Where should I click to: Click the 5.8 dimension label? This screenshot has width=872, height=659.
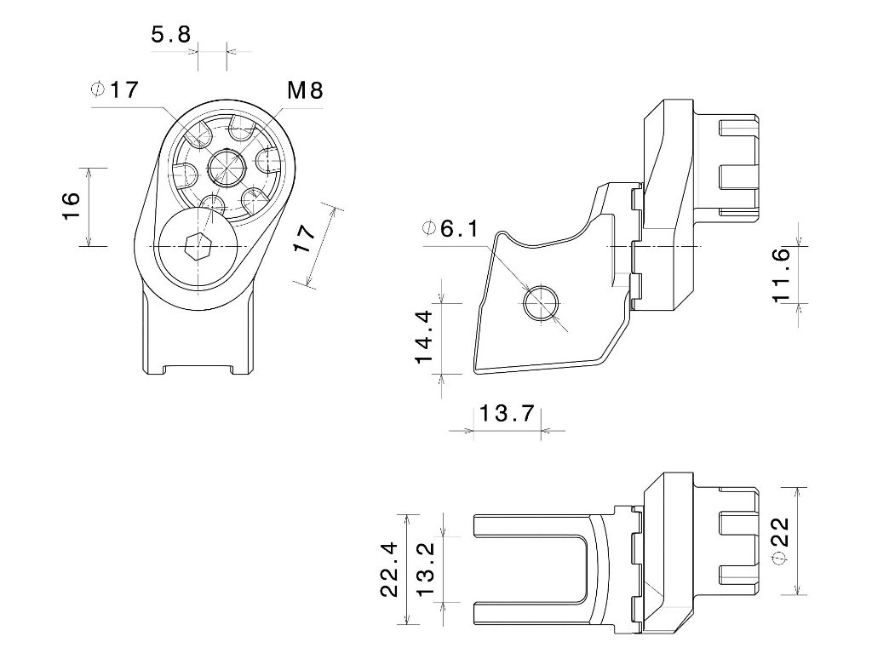(x=170, y=34)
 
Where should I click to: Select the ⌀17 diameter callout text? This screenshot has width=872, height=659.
(x=114, y=89)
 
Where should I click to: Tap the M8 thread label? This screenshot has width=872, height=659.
(x=305, y=89)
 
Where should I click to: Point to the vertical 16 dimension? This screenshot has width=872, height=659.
(x=72, y=206)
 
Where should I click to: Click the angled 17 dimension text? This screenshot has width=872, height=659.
(x=306, y=238)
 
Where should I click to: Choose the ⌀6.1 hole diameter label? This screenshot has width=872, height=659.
(x=450, y=228)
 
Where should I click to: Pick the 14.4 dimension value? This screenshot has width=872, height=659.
(x=424, y=337)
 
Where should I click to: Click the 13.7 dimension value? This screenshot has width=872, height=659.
(x=507, y=413)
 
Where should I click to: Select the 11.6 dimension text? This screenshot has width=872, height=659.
(x=782, y=275)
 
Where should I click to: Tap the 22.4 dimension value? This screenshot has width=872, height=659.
(x=389, y=570)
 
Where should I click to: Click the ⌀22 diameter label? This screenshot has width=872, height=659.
(x=782, y=542)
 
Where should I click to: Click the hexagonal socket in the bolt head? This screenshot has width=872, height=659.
(x=198, y=245)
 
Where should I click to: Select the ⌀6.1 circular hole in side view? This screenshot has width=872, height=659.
(x=541, y=304)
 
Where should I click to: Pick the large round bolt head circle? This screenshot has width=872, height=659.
(x=198, y=245)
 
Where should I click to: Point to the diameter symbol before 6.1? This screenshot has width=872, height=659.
(x=429, y=228)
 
